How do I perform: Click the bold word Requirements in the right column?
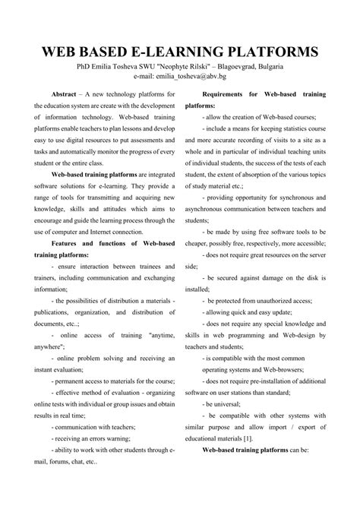click(228, 93)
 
